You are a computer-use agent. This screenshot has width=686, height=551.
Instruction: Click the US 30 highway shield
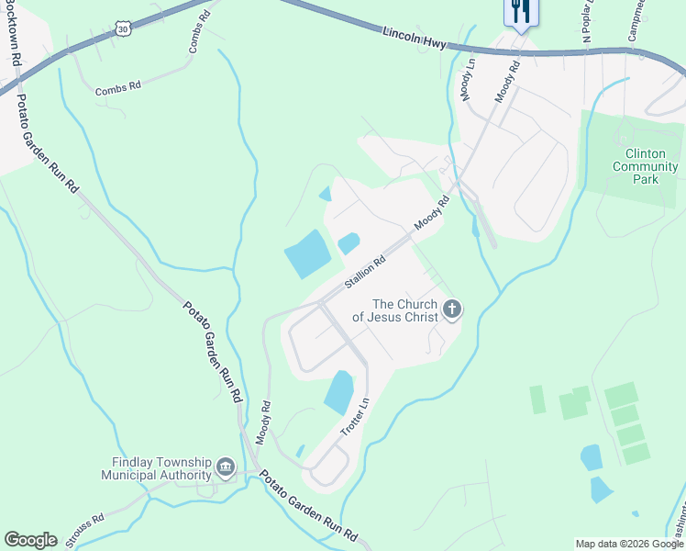coord(124,29)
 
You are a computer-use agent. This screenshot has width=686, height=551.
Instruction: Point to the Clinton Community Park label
coord(646,166)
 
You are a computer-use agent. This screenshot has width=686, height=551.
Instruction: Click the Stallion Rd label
coord(365,273)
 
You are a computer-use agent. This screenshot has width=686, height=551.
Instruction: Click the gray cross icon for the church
coord(451,310)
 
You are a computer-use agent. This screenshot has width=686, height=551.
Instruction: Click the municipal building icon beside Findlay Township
coord(226,469)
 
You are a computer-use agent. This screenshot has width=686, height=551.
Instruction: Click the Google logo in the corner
coord(30,540)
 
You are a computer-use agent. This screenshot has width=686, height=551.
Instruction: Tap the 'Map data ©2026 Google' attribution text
coord(628,544)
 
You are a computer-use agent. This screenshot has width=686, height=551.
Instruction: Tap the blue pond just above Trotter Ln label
coord(338,392)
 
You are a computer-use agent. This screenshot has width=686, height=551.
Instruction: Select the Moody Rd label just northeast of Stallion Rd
coord(432,214)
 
